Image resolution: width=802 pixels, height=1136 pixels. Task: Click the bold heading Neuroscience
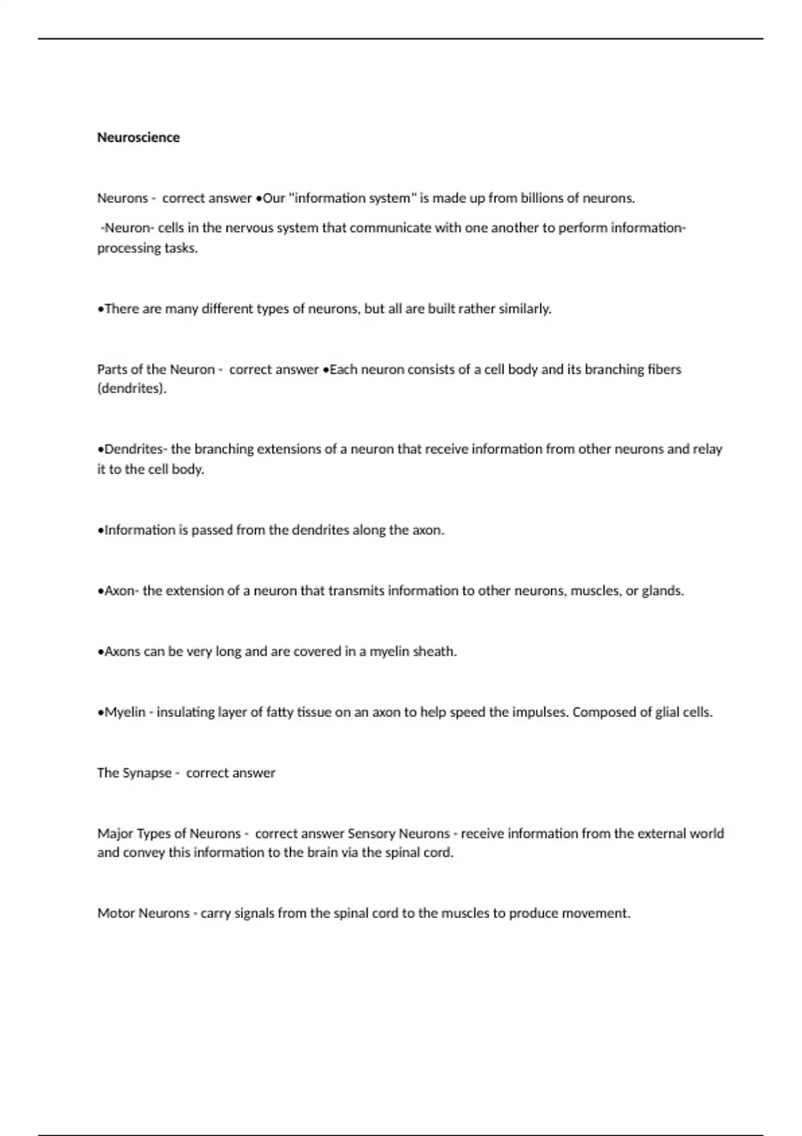(138, 138)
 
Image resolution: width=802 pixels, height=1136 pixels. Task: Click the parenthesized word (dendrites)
(132, 389)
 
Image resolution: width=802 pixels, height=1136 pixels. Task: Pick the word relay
(707, 449)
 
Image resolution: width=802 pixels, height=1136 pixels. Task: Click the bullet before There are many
(100, 309)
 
